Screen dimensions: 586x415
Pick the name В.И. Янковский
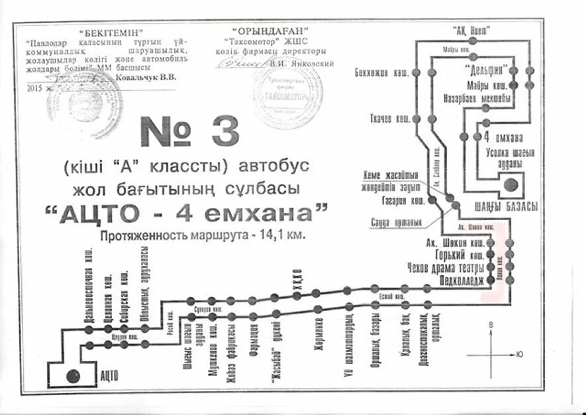pos(301,63)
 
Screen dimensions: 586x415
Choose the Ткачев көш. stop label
pos(389,119)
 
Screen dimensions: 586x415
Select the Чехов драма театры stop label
pos(447,267)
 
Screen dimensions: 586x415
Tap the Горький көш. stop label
pos(458,255)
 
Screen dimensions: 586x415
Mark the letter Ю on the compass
pos(520,354)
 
